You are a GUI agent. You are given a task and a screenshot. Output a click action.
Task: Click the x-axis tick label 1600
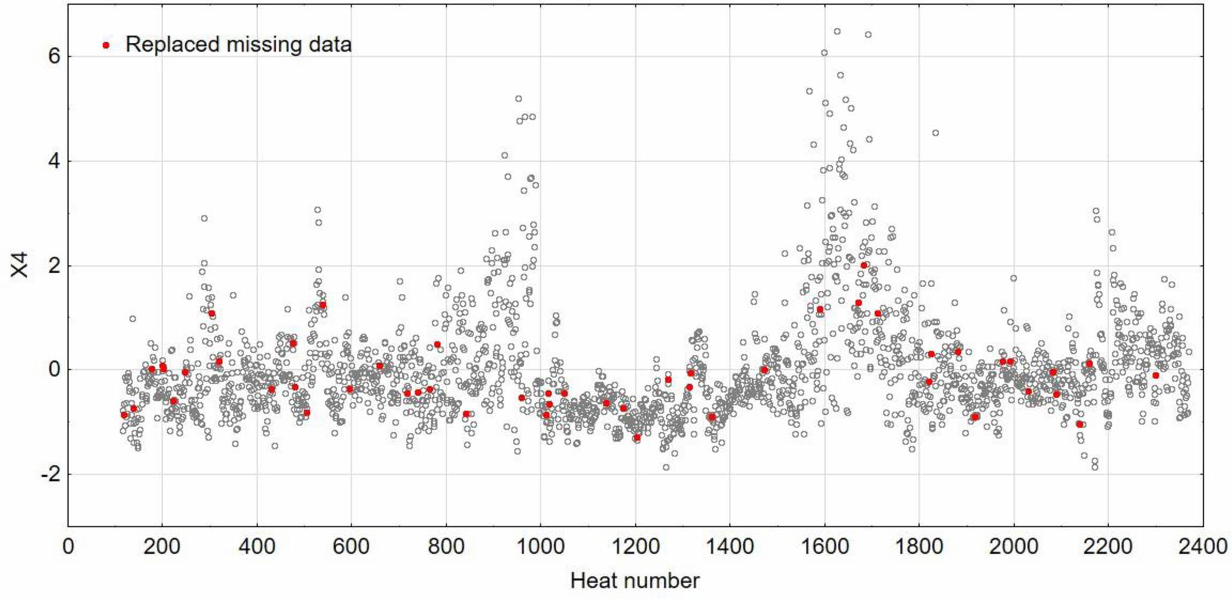(824, 547)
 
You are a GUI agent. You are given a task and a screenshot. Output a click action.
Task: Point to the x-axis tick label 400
(257, 547)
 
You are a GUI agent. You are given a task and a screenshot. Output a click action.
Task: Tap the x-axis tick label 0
(68, 547)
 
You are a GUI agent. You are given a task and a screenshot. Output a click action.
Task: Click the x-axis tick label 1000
(540, 547)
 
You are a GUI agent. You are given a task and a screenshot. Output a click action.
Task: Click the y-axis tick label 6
(54, 57)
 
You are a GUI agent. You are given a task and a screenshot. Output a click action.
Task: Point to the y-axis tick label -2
(51, 474)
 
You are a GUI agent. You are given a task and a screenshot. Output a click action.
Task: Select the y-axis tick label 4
(54, 161)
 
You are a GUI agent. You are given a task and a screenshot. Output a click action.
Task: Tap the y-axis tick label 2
(54, 265)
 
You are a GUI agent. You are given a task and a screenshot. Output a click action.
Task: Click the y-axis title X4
(20, 265)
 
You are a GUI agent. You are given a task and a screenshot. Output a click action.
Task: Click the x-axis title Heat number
(635, 581)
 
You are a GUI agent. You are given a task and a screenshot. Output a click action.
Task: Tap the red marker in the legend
(106, 45)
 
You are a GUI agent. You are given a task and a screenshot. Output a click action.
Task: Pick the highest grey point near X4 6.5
(837, 31)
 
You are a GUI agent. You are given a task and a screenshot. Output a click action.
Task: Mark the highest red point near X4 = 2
(864, 265)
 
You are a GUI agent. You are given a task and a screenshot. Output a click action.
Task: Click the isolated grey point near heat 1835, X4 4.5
(935, 133)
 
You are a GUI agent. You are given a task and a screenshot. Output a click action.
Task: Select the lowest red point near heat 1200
(637, 438)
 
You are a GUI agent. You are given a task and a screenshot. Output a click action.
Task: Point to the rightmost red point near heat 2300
(1156, 376)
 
